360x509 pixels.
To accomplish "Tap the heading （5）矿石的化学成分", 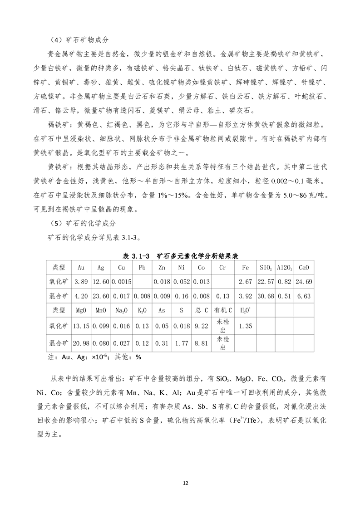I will click(82, 224).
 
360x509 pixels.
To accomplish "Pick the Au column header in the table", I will click(81, 268).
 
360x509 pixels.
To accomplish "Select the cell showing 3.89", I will click(81, 282).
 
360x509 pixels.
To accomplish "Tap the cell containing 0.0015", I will click(121, 282).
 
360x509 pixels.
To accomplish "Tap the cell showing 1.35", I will click(245, 326).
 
